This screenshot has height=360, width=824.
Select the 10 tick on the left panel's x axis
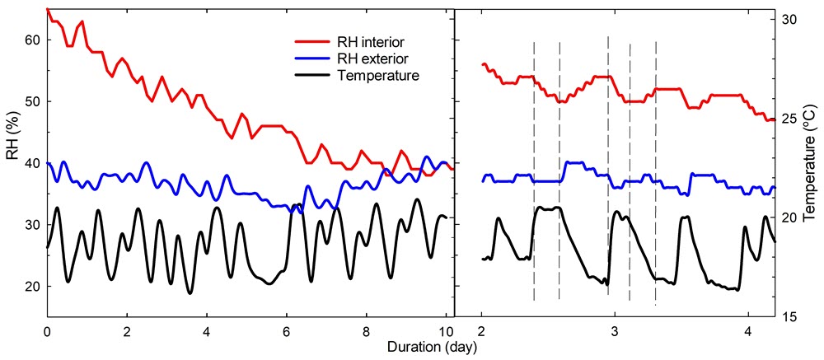click(x=446, y=333)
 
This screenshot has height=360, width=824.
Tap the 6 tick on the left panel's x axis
click(x=286, y=333)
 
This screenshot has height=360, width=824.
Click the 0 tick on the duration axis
click(x=47, y=333)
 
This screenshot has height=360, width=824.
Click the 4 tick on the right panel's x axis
click(x=748, y=333)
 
